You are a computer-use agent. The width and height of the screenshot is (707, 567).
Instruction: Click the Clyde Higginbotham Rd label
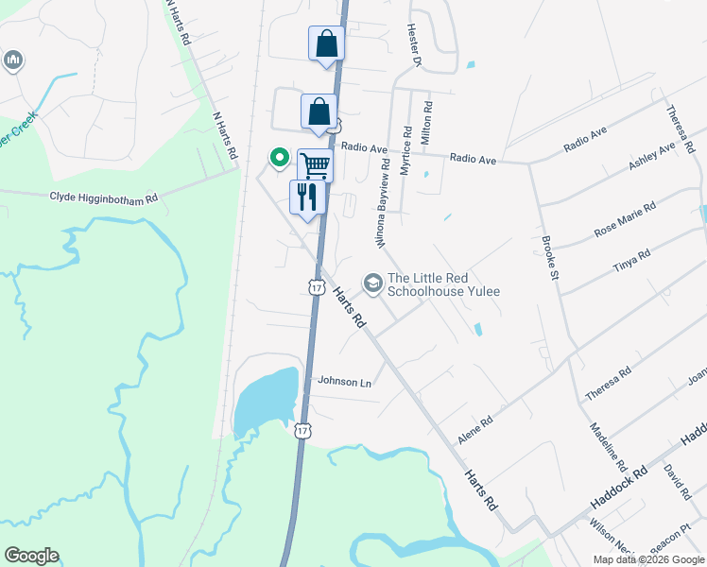point(104,198)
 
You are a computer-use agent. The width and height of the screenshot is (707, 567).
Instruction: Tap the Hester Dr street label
point(414,45)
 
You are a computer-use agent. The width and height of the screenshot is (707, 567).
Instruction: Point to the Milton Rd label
point(427,123)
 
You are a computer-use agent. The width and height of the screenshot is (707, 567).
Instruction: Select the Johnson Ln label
point(344,382)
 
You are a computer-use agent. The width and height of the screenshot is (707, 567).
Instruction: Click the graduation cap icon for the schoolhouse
point(373,283)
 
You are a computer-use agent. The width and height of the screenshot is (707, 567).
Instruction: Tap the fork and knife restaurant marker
point(307,198)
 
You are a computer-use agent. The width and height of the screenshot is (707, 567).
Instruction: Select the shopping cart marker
point(316,166)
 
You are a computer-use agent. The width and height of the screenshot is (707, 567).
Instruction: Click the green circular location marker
point(279,157)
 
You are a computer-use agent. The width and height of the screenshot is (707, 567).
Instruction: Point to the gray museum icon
point(12,61)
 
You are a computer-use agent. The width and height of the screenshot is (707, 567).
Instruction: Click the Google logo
point(31,556)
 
